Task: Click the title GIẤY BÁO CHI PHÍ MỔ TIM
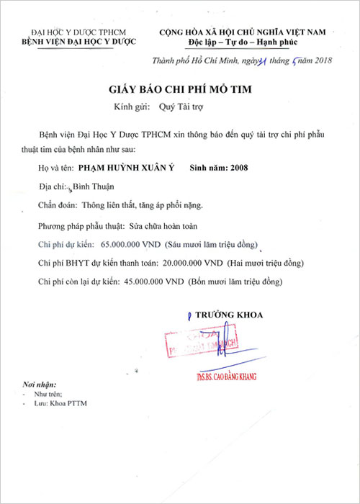(179, 90)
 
